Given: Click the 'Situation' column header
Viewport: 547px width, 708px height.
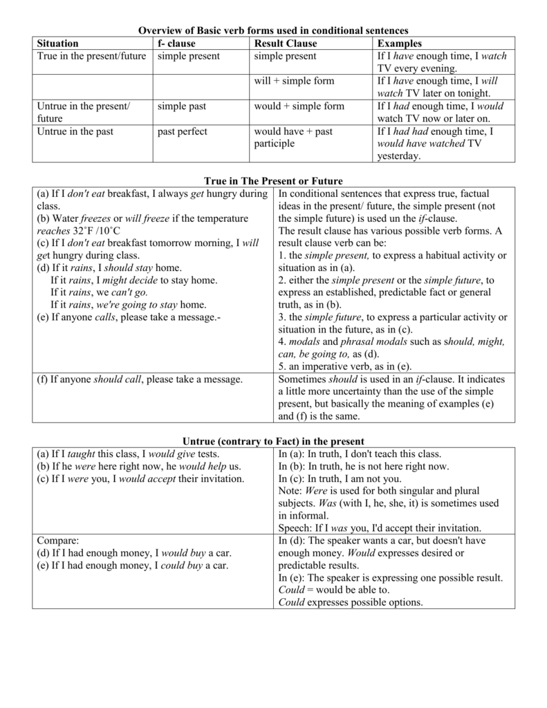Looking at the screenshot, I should click(57, 43).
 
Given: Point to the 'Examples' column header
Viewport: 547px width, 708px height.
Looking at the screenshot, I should click(399, 43).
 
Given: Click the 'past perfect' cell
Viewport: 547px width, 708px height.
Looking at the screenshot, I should click(182, 131).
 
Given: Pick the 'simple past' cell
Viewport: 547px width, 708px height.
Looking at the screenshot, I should click(181, 106).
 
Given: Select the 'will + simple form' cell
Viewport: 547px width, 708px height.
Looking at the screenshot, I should click(294, 81).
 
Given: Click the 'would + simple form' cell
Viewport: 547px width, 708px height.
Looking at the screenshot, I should click(299, 106).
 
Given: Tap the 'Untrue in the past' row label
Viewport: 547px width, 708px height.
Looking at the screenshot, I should click(75, 131).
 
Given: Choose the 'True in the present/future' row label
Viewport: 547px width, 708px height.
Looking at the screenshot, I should click(91, 56).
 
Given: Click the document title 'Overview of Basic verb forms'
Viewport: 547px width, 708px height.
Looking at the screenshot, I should click(273, 30).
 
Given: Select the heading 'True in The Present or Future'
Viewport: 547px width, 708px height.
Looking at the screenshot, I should click(273, 180).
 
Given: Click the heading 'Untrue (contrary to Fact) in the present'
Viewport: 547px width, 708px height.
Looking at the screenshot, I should click(273, 441).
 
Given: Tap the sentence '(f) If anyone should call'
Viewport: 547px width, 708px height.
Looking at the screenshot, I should click(139, 380).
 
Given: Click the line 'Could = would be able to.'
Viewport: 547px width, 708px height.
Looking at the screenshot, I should click(334, 590).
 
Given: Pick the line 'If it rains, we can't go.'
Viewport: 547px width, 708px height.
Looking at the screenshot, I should click(99, 292).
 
